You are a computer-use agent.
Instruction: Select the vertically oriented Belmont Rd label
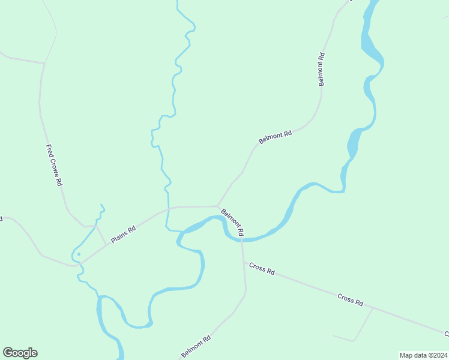point(322,69)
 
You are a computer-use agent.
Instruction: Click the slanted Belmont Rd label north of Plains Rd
point(275,137)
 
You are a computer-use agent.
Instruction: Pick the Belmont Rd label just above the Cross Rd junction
point(232,221)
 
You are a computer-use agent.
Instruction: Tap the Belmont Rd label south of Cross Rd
point(196,347)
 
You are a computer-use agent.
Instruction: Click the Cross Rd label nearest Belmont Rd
point(262,268)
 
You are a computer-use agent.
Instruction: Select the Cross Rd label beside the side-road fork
point(351,299)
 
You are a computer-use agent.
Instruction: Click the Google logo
point(20,353)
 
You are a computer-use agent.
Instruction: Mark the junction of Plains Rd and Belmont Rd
point(217,206)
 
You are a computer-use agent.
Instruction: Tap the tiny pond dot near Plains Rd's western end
point(78,254)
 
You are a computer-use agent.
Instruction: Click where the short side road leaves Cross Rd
point(373,308)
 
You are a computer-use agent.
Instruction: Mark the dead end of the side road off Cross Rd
point(333,335)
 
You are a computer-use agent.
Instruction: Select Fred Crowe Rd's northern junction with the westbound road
point(44,63)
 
